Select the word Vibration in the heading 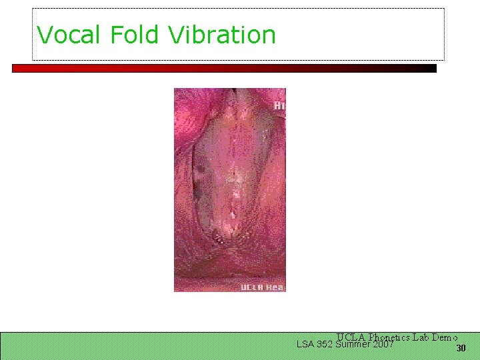click(222, 35)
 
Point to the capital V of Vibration click(176, 35)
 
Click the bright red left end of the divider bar click(20, 68)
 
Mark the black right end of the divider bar click(430, 68)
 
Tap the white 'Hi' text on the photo click(279, 105)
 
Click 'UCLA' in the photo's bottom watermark click(251, 287)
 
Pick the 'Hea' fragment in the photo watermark click(275, 287)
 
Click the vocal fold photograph click(229, 190)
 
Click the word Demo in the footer click(445, 337)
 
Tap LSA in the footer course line click(305, 345)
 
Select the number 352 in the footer click(325, 345)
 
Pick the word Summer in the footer click(353, 345)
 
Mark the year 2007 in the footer click(384, 345)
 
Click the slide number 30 click(460, 349)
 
